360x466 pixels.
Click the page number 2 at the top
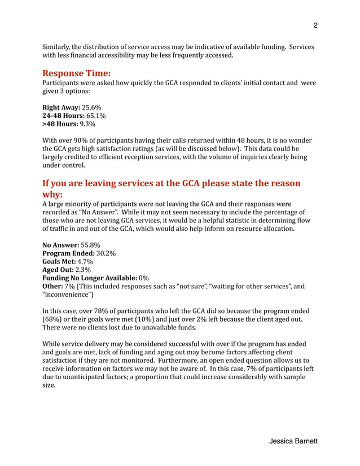(x=315, y=25)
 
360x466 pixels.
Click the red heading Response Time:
(x=76, y=73)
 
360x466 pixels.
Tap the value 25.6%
(x=92, y=107)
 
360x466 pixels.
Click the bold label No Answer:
(x=61, y=245)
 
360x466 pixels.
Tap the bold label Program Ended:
(x=69, y=254)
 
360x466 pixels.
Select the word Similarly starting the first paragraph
(x=58, y=47)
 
